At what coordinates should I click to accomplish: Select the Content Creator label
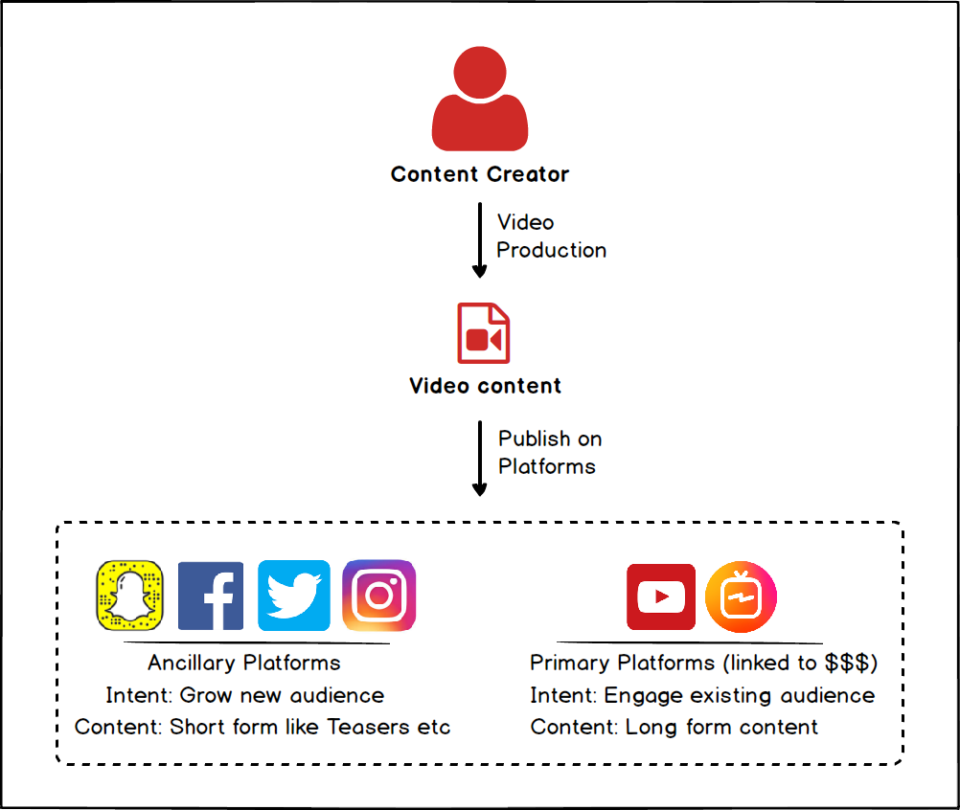[x=480, y=174]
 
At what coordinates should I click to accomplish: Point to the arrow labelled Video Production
[x=479, y=239]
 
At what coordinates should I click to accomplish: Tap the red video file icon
[x=484, y=333]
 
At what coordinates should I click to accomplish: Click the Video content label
[x=485, y=386]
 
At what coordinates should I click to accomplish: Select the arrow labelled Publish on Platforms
[x=479, y=459]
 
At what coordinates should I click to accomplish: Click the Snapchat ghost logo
[x=129, y=596]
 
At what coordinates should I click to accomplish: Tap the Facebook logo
[x=211, y=596]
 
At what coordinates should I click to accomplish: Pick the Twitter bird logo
[x=294, y=596]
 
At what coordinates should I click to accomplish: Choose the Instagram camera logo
[x=379, y=596]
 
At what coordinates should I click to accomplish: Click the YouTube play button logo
[x=661, y=597]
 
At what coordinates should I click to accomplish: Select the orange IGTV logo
[x=741, y=596]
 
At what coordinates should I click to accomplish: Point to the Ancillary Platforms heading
[x=244, y=664]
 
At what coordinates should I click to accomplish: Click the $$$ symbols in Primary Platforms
[x=847, y=663]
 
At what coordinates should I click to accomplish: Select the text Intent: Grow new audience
[x=245, y=696]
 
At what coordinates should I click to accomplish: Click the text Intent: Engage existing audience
[x=702, y=696]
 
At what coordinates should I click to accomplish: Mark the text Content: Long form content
[x=674, y=728]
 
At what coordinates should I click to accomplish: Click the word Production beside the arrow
[x=552, y=250]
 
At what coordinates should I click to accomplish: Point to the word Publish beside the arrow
[x=535, y=439]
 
